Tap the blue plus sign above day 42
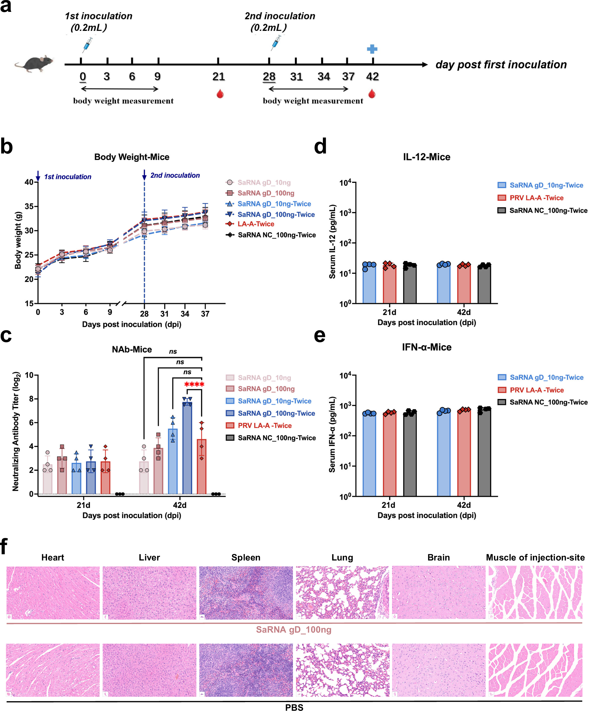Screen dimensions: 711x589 pos(372,49)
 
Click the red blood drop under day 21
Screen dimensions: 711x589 pos(220,94)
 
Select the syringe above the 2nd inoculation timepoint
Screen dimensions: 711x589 pos(276,43)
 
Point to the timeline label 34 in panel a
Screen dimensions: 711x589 pos(323,77)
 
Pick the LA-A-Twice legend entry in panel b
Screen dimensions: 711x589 pos(255,224)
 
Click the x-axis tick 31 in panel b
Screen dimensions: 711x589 pos(164,314)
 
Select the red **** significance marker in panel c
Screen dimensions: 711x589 pos(194,384)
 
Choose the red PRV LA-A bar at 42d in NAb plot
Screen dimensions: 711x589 pos(201,467)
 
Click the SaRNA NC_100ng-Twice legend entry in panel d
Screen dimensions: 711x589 pos(548,210)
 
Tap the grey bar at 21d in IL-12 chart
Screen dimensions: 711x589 pos(410,286)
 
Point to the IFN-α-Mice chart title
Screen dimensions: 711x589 pos(427,347)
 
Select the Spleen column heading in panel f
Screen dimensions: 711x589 pos(246,558)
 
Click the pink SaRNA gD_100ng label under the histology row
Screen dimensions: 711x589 pos(293,630)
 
